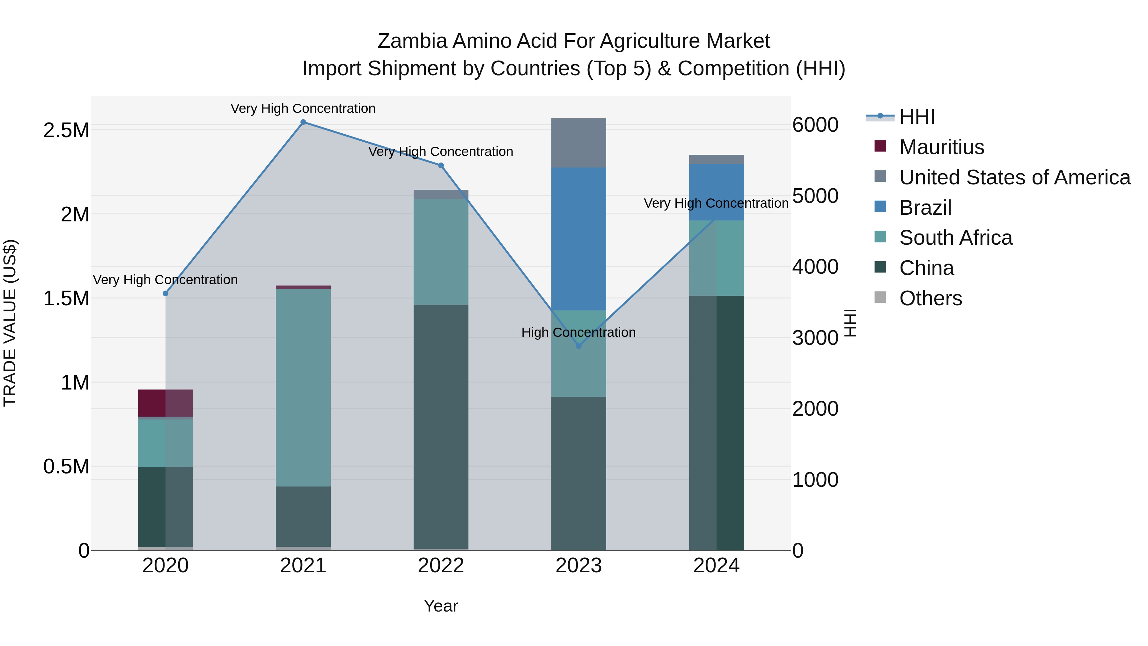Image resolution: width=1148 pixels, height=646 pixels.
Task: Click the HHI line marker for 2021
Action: point(303,122)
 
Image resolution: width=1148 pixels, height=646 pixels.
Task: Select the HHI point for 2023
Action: point(578,346)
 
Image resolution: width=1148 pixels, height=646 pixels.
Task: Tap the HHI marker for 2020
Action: point(165,293)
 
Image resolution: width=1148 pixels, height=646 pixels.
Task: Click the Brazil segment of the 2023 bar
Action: point(578,239)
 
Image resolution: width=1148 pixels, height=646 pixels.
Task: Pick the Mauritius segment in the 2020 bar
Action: point(165,403)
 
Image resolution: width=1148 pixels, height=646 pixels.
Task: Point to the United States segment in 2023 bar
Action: point(578,143)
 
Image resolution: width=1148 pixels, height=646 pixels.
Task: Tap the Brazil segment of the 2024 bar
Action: point(716,192)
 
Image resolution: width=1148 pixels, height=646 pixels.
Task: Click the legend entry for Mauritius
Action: point(941,147)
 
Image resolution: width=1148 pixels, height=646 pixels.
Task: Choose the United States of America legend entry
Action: point(1014,177)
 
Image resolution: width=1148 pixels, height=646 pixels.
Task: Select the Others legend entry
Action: point(930,298)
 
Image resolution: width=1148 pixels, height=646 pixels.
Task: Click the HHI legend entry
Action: point(917,117)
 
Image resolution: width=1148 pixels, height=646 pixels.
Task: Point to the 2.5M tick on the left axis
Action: point(66,130)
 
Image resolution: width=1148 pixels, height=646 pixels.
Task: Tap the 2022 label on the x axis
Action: point(441,566)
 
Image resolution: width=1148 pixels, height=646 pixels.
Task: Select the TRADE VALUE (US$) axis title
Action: point(10,323)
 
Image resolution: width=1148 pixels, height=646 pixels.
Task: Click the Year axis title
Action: point(441,606)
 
